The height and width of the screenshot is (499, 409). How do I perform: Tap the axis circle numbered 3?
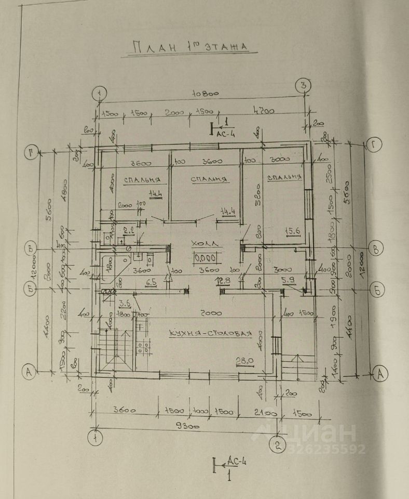(303, 86)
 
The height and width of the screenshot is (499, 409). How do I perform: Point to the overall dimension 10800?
(205, 94)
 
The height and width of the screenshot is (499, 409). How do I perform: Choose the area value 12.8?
(223, 281)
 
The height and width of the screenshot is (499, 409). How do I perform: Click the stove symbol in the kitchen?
(143, 347)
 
